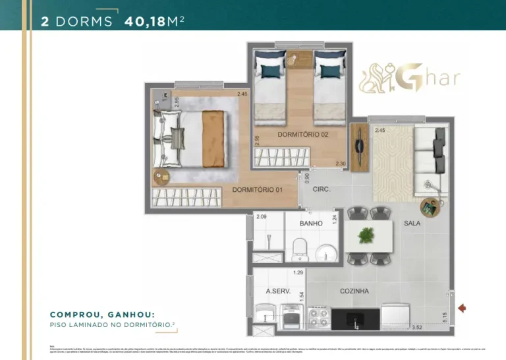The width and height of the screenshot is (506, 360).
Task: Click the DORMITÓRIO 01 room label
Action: (257, 190)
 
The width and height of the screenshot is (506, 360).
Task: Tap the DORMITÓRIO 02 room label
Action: (302, 134)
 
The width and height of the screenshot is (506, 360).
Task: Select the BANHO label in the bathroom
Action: (310, 224)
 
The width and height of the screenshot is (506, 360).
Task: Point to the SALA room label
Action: (412, 224)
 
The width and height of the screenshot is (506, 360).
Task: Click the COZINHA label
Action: (354, 291)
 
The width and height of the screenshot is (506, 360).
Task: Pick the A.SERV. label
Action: (278, 291)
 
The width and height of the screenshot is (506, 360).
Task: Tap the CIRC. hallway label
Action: (321, 189)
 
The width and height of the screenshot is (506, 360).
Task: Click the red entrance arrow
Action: (463, 307)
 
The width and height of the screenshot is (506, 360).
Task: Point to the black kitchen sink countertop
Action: (355, 319)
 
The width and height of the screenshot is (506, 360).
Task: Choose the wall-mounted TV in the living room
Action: (358, 147)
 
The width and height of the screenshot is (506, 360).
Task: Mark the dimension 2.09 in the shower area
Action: (261, 216)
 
